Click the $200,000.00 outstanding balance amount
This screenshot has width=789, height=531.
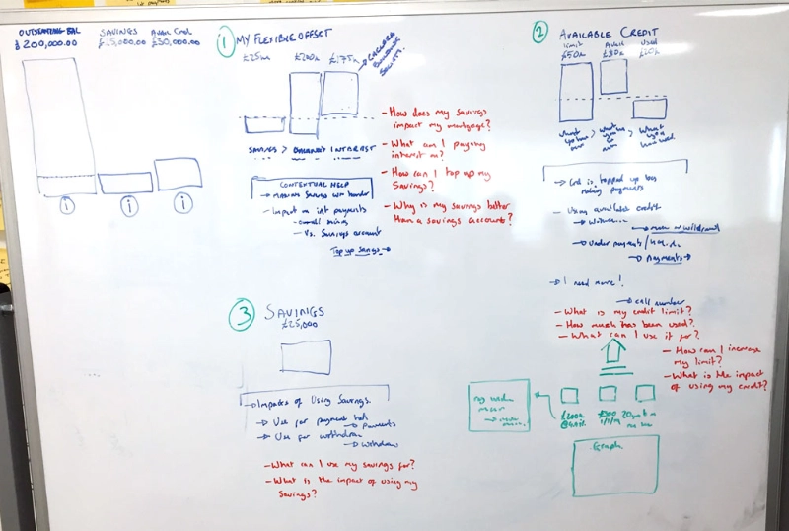(x=48, y=44)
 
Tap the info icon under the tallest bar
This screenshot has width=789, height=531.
(x=65, y=206)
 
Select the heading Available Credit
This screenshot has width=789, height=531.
(x=610, y=33)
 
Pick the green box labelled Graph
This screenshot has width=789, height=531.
(x=615, y=466)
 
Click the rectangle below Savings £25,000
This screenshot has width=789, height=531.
(x=305, y=356)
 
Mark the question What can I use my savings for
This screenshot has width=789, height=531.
(x=338, y=464)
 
